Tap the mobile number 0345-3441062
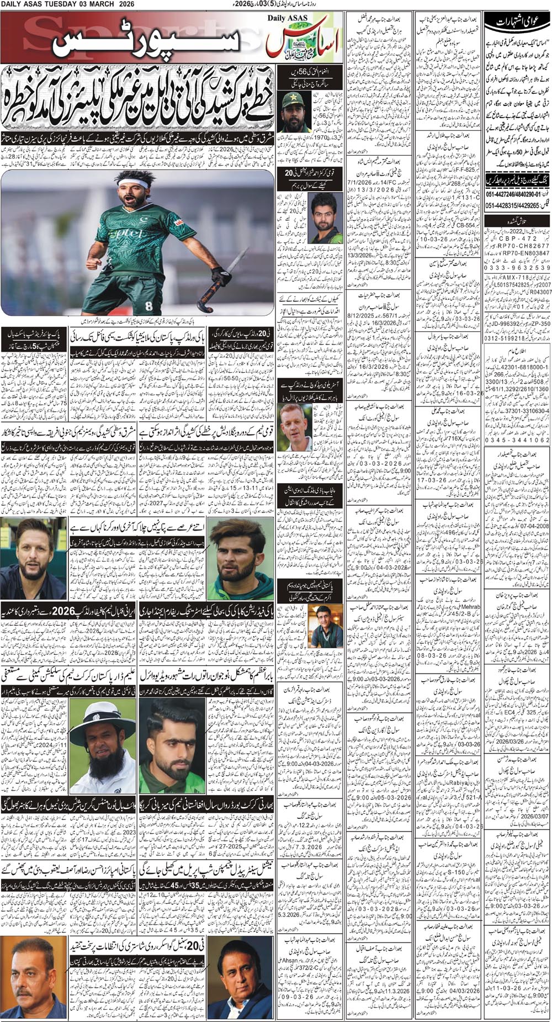point(516,440)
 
